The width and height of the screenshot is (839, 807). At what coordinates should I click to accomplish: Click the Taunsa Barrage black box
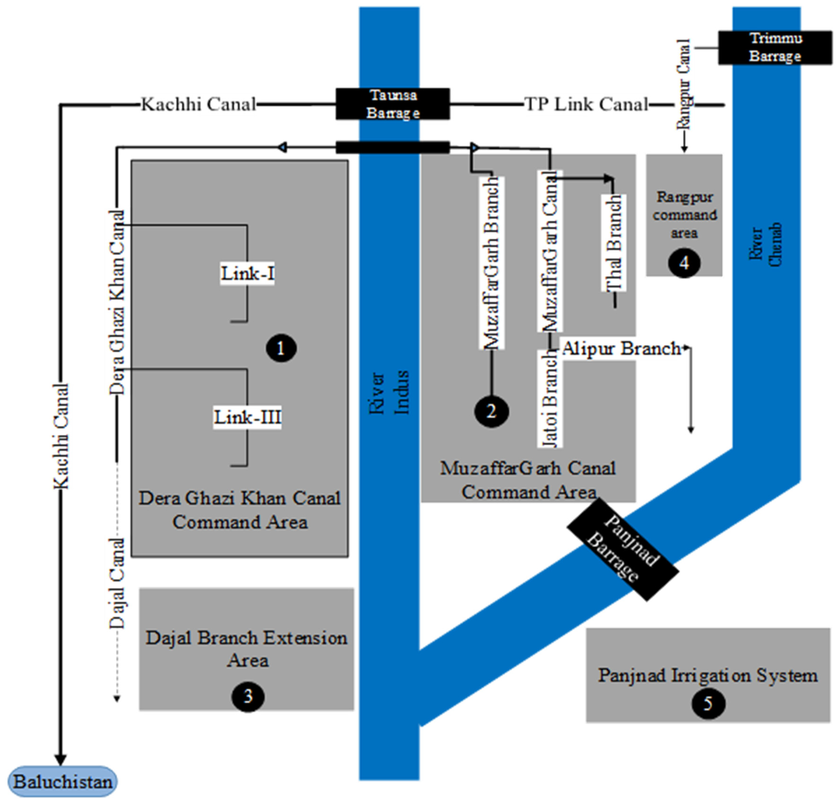[x=393, y=104]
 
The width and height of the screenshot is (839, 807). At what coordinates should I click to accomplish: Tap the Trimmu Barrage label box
[x=775, y=48]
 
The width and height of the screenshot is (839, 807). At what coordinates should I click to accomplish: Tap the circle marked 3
[x=248, y=697]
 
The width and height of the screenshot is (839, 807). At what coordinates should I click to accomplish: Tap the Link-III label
[x=247, y=417]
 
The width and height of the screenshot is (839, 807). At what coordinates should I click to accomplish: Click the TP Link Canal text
[x=586, y=104]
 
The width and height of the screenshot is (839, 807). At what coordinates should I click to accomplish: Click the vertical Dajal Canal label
[x=116, y=583]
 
